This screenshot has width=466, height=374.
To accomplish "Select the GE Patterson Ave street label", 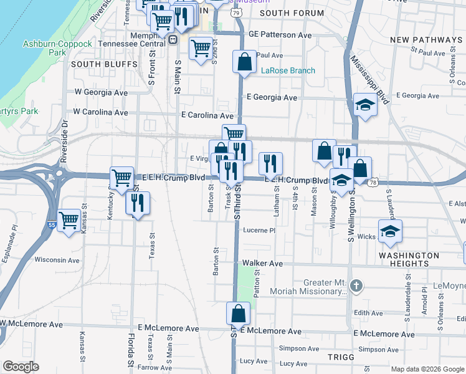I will (280, 36).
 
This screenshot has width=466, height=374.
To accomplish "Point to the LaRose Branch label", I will (288, 70).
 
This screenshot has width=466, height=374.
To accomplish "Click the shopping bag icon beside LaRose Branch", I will (244, 62).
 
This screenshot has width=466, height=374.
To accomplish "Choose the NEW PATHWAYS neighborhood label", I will (426, 40).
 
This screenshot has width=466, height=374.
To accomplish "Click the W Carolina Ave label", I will (100, 113).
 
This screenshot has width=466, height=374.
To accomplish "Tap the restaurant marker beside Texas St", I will (138, 203).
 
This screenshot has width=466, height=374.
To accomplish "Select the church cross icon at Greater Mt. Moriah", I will (356, 286).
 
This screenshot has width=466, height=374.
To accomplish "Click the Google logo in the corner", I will (21, 367).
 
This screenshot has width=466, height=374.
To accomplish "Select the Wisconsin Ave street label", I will (57, 260).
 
